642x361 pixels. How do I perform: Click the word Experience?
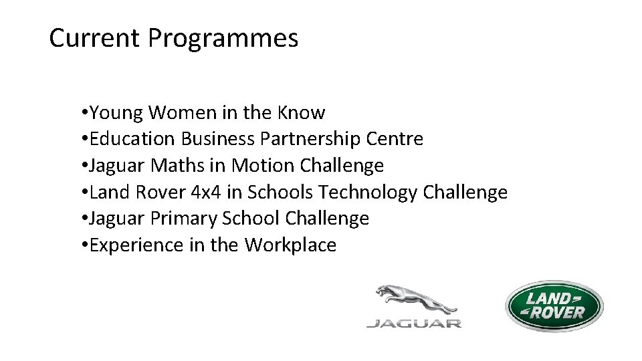136,246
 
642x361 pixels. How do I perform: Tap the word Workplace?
290,246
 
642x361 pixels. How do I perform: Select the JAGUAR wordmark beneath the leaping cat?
413,324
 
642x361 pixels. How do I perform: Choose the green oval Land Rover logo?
554,306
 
